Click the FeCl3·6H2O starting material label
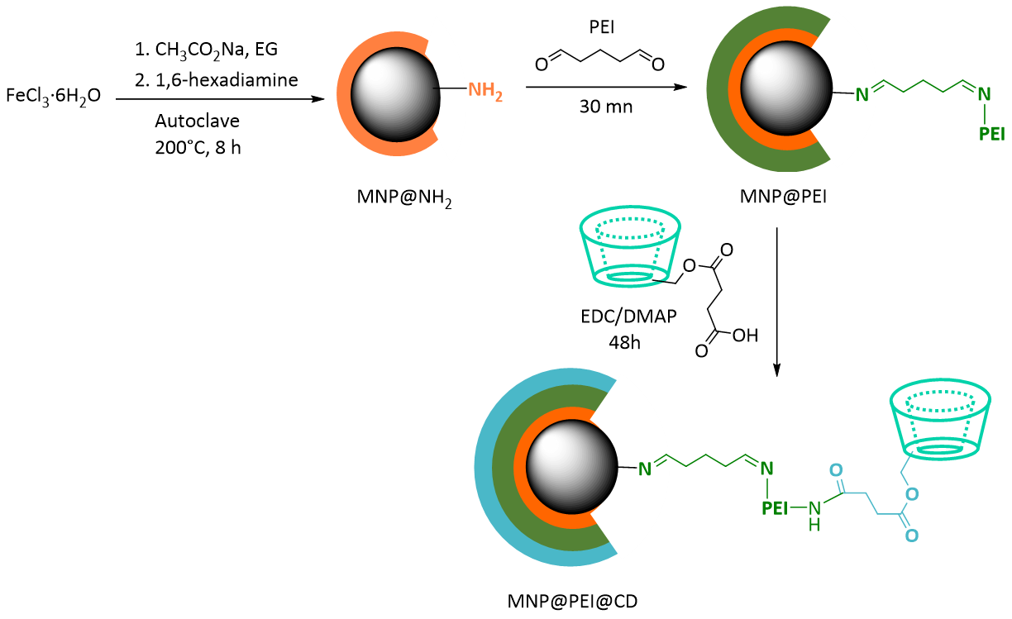pyautogui.click(x=53, y=97)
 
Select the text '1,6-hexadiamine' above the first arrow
pyautogui.click(x=227, y=80)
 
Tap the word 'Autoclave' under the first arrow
pyautogui.click(x=198, y=121)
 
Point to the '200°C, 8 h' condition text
pyautogui.click(x=198, y=148)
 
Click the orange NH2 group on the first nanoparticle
pyautogui.click(x=485, y=91)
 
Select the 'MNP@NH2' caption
pyautogui.click(x=404, y=198)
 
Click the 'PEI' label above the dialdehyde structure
pyautogui.click(x=601, y=27)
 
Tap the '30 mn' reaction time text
pyautogui.click(x=606, y=107)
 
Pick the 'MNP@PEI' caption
pyautogui.click(x=783, y=197)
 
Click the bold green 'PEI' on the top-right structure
pyautogui.click(x=991, y=134)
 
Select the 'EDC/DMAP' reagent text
pyautogui.click(x=628, y=317)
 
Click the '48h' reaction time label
pyautogui.click(x=624, y=343)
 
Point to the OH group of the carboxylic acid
pyautogui.click(x=745, y=336)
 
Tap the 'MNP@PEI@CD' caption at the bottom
pyautogui.click(x=572, y=602)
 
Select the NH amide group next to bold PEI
pyautogui.click(x=814, y=515)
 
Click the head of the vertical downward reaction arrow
pyautogui.click(x=776, y=370)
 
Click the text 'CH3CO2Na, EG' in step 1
pyautogui.click(x=216, y=50)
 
